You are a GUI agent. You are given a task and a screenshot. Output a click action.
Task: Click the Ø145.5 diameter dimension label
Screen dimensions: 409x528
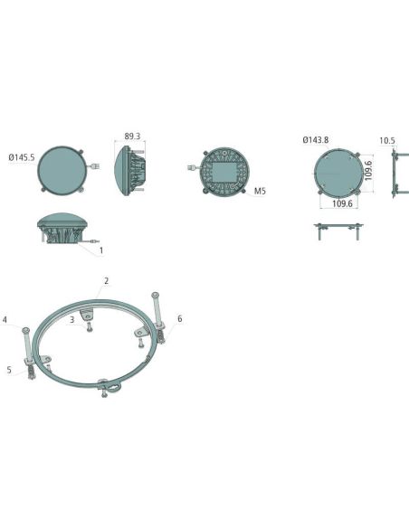(22, 157)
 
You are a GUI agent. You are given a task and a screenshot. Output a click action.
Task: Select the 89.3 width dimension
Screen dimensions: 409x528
(132, 136)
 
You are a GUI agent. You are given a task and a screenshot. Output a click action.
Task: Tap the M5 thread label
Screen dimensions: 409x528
(260, 192)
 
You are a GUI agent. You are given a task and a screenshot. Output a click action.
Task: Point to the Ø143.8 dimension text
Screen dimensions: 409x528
(315, 140)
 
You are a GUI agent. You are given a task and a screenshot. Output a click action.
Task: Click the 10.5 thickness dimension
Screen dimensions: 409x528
(387, 141)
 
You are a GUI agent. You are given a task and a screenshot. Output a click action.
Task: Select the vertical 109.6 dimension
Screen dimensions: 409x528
(368, 171)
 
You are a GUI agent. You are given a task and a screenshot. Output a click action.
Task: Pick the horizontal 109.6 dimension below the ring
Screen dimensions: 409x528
(342, 203)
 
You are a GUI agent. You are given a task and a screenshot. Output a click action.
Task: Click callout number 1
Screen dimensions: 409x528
(100, 250)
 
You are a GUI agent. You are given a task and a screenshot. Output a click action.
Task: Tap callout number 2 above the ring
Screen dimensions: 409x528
(107, 281)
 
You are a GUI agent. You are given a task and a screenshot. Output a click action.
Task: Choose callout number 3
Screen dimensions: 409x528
(71, 319)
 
